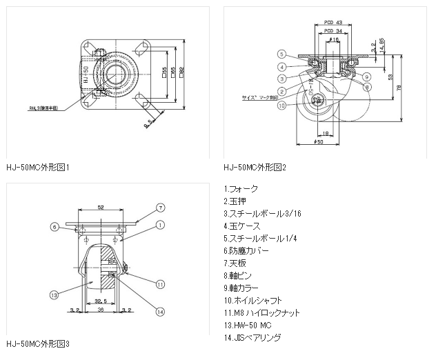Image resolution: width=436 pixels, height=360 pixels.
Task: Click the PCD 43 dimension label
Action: click(x=334, y=23)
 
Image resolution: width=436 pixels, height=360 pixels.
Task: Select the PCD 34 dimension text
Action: click(x=334, y=31)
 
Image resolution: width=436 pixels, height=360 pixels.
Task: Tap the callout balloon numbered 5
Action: click(x=283, y=54)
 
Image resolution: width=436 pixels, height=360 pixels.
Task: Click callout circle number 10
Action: click(x=283, y=106)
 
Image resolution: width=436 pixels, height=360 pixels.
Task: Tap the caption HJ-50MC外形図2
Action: click(x=255, y=167)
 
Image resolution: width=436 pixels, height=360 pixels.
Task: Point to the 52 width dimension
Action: click(x=101, y=207)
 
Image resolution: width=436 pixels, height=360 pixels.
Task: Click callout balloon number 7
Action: click(x=159, y=207)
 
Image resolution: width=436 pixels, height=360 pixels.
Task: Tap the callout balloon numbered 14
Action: click(x=159, y=310)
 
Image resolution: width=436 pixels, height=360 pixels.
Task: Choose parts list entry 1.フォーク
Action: click(x=241, y=188)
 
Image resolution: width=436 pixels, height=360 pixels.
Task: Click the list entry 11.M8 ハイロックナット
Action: click(x=262, y=312)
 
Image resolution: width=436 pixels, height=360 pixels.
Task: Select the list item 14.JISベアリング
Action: click(x=253, y=337)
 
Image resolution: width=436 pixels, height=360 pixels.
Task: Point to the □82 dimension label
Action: click(x=181, y=71)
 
